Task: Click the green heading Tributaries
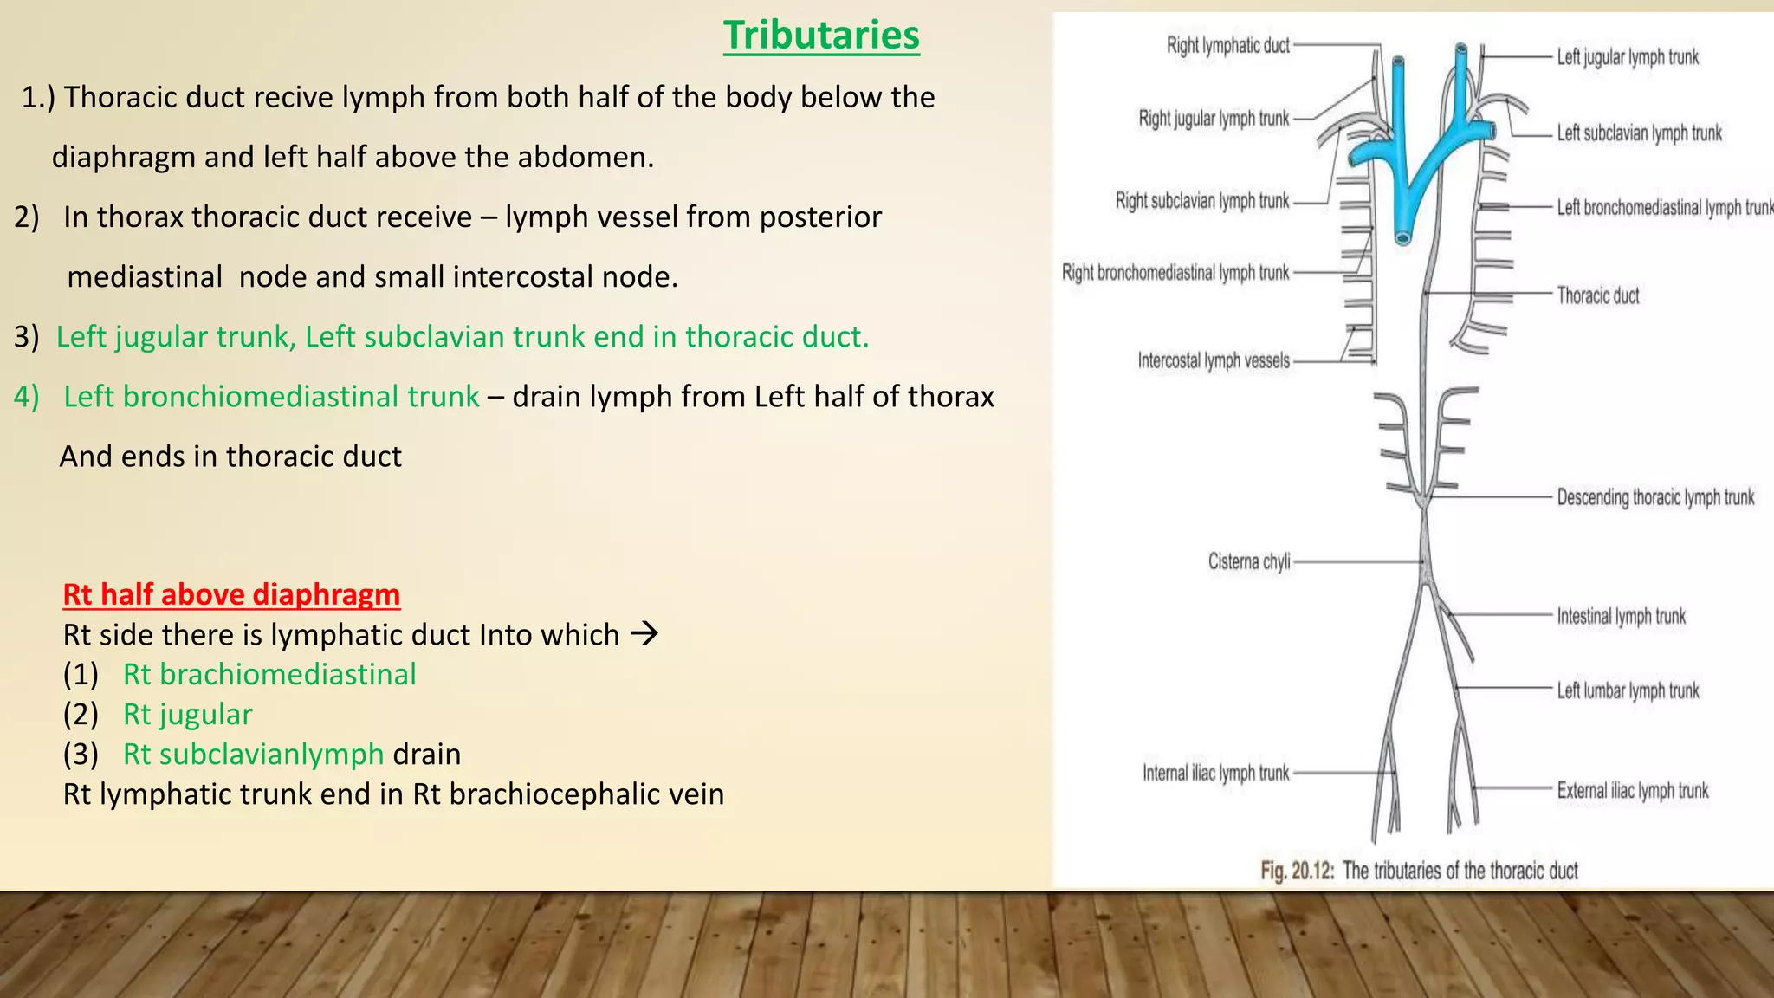click(x=821, y=36)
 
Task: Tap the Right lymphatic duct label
click(x=1227, y=45)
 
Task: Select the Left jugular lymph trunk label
click(x=1628, y=57)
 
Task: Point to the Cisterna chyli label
click(x=1249, y=561)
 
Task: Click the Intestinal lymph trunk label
click(x=1621, y=616)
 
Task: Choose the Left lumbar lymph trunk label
click(x=1628, y=690)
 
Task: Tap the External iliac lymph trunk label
click(x=1633, y=790)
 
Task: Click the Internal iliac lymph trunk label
click(x=1215, y=773)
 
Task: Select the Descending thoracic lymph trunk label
click(x=1655, y=497)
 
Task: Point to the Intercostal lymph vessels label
click(x=1214, y=360)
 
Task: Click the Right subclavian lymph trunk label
click(x=1202, y=201)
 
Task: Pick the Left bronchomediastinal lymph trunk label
click(x=1664, y=207)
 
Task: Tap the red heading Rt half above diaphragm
click(x=231, y=594)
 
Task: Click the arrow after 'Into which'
click(x=644, y=634)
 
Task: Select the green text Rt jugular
click(x=187, y=714)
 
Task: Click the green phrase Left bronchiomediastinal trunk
click(x=271, y=397)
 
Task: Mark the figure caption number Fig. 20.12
click(x=1297, y=871)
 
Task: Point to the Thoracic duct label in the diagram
click(x=1597, y=295)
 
